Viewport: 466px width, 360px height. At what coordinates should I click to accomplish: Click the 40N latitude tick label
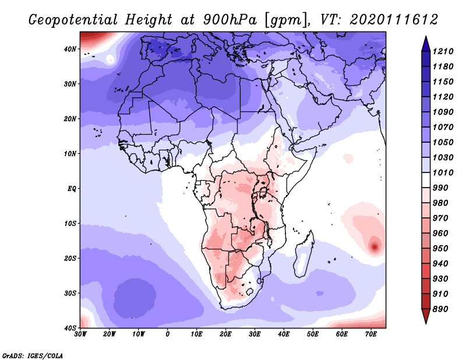(69, 49)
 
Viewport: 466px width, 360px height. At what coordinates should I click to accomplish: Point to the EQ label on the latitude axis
(71, 189)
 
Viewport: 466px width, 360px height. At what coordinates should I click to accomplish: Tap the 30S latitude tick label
(69, 293)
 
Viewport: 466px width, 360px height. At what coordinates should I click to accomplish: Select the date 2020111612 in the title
(394, 20)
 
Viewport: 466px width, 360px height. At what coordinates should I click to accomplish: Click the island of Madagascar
(305, 256)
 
